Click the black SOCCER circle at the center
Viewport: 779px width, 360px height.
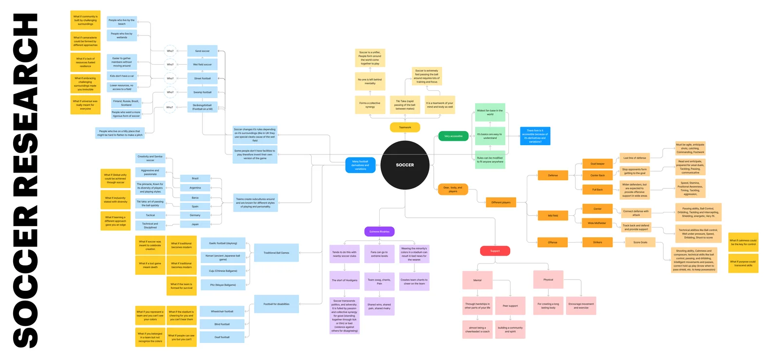pyautogui.click(x=405, y=165)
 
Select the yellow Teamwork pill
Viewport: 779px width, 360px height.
pyautogui.click(x=405, y=128)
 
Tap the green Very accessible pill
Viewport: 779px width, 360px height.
pyautogui.click(x=453, y=136)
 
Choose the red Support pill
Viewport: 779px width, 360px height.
pyautogui.click(x=495, y=251)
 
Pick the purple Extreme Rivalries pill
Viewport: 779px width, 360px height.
pyautogui.click(x=379, y=231)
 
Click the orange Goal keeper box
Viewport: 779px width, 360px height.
pyautogui.click(x=597, y=164)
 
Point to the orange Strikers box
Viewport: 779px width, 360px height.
pyautogui.click(x=597, y=242)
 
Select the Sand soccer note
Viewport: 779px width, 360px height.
pyautogui.click(x=203, y=51)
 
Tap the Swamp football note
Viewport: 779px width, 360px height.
pyautogui.click(x=203, y=92)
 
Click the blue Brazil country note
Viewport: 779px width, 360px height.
pyautogui.click(x=195, y=178)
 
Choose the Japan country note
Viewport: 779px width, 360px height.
pyautogui.click(x=195, y=224)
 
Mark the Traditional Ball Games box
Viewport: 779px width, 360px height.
pyautogui.click(x=277, y=253)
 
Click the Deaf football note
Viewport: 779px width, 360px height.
pyautogui.click(x=222, y=337)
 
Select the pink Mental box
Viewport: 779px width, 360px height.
pyautogui.click(x=477, y=280)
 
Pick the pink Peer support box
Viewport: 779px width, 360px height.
pyautogui.click(x=510, y=306)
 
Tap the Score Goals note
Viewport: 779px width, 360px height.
pyautogui.click(x=640, y=242)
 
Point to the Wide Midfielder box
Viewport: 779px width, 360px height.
pyautogui.click(x=597, y=223)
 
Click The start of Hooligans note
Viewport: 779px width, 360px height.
pyautogui.click(x=345, y=280)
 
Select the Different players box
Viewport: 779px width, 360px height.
pyautogui.click(x=501, y=202)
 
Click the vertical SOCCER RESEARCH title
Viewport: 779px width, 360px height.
pyautogui.click(x=25, y=180)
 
